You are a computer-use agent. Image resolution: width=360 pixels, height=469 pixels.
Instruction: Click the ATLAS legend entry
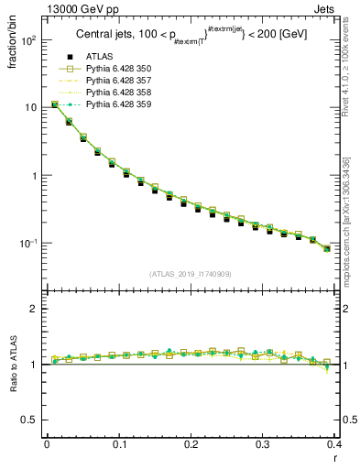click(x=99, y=58)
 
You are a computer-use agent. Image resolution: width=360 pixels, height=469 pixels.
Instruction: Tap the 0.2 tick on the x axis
click(x=191, y=444)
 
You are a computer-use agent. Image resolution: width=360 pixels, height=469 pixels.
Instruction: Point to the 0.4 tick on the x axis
click(x=334, y=444)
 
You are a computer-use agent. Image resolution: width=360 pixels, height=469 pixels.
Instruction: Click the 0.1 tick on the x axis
click(x=118, y=444)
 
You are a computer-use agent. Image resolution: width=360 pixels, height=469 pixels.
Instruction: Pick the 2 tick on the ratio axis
click(x=34, y=310)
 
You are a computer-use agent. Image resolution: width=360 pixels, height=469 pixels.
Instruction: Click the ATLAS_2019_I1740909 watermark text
click(x=190, y=273)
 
